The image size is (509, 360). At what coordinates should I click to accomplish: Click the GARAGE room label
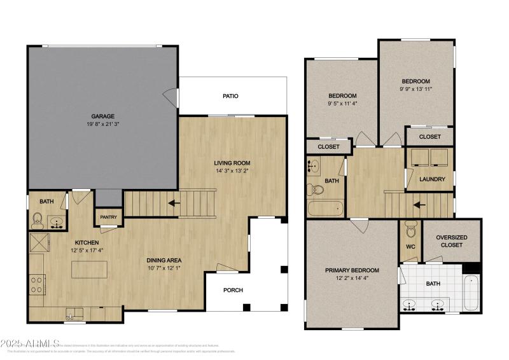(x=102, y=116)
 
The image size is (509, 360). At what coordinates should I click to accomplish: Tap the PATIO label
(x=230, y=97)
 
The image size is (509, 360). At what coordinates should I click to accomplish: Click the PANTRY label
(x=109, y=218)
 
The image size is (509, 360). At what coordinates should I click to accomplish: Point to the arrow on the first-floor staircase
(x=172, y=204)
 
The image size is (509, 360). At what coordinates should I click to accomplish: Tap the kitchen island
(x=89, y=269)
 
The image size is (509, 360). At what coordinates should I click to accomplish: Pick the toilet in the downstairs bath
(x=38, y=221)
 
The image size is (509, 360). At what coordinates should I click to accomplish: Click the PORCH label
(x=232, y=290)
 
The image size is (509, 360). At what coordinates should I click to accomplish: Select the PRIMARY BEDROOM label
(x=352, y=270)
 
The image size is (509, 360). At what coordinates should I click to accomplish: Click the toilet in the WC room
(x=410, y=229)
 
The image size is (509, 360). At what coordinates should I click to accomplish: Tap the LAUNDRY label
(x=432, y=179)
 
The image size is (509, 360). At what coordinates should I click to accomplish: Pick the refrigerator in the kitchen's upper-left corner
(x=39, y=242)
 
